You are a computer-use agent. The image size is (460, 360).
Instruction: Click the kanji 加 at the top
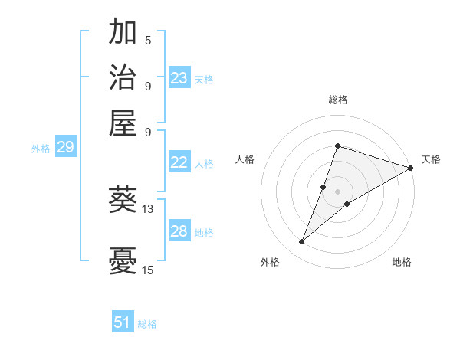pos(123,33)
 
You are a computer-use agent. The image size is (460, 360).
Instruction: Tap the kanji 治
pos(123,77)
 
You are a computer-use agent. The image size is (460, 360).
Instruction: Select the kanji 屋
pos(123,122)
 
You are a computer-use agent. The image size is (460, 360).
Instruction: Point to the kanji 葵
pos(123,200)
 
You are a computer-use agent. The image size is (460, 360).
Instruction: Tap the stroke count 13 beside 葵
pos(148,208)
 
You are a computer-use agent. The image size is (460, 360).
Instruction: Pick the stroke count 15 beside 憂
pos(148,270)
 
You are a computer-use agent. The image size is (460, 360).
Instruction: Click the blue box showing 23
pos(179,77)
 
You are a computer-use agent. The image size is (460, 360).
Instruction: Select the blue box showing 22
pos(179,162)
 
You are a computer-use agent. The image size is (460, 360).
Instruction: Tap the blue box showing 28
pos(179,231)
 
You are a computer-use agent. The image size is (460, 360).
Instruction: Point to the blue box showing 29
pos(65,147)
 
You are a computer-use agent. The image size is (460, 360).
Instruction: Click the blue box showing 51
pos(123,322)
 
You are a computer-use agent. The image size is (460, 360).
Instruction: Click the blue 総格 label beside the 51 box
pos(147,324)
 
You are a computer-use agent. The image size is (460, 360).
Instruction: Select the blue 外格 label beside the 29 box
pos(40,149)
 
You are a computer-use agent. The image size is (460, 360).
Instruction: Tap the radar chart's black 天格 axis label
pos(431,159)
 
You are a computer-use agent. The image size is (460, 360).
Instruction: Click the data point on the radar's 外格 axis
pos(302,242)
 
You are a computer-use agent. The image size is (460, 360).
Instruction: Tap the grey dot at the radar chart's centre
pos(338,191)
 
